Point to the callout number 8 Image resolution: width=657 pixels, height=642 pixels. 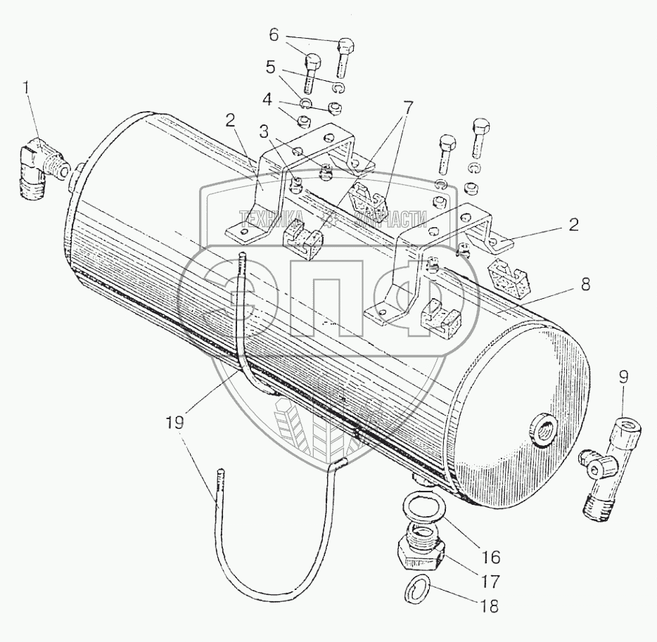pos(586,286)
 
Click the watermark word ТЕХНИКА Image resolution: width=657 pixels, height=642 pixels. pos(272,218)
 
